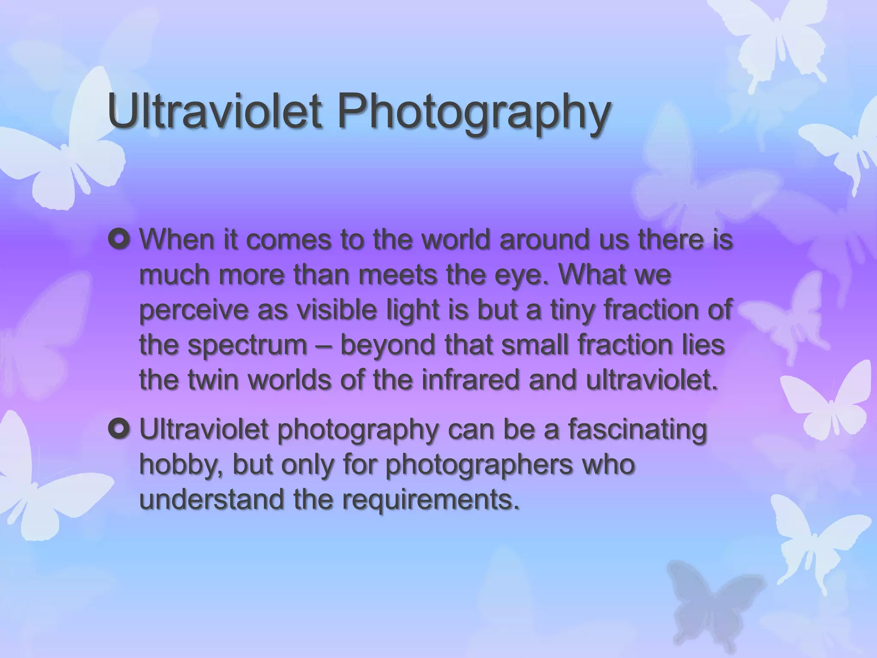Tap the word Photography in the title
click(x=474, y=112)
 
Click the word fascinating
click(x=638, y=431)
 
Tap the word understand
click(x=212, y=499)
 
